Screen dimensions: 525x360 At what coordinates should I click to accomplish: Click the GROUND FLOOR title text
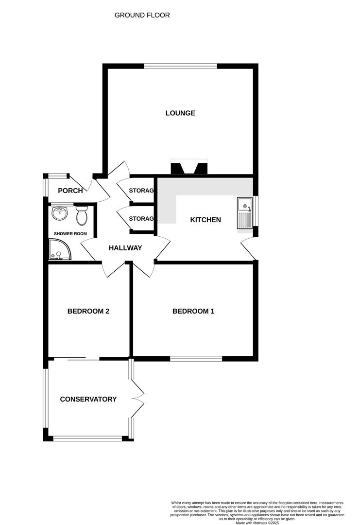pyautogui.click(x=142, y=15)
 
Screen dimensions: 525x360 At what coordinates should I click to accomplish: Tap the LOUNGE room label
pyautogui.click(x=180, y=113)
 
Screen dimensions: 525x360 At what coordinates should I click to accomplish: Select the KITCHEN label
pyautogui.click(x=205, y=220)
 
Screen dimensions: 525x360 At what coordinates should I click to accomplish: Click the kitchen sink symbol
pyautogui.click(x=244, y=212)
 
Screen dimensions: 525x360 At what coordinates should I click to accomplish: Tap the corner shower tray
pyautogui.click(x=59, y=250)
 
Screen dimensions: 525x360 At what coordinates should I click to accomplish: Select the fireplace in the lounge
pyautogui.click(x=189, y=167)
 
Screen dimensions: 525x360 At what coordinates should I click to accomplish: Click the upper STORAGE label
pyautogui.click(x=143, y=190)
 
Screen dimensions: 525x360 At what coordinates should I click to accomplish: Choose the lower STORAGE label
pyautogui.click(x=143, y=219)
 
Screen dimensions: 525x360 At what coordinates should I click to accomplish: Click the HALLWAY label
pyautogui.click(x=125, y=248)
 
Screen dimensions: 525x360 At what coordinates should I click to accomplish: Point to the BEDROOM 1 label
pyautogui.click(x=193, y=311)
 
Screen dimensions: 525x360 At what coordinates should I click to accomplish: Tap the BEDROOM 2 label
pyautogui.click(x=88, y=311)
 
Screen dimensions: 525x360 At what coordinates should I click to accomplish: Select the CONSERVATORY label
pyautogui.click(x=88, y=399)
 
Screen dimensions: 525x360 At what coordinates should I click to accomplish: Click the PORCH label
pyautogui.click(x=70, y=191)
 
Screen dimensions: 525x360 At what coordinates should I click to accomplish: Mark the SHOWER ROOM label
pyautogui.click(x=70, y=234)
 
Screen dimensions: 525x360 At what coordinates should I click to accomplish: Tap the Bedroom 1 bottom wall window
pyautogui.click(x=196, y=359)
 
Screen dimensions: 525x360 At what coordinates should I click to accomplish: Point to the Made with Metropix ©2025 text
pyautogui.click(x=257, y=523)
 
